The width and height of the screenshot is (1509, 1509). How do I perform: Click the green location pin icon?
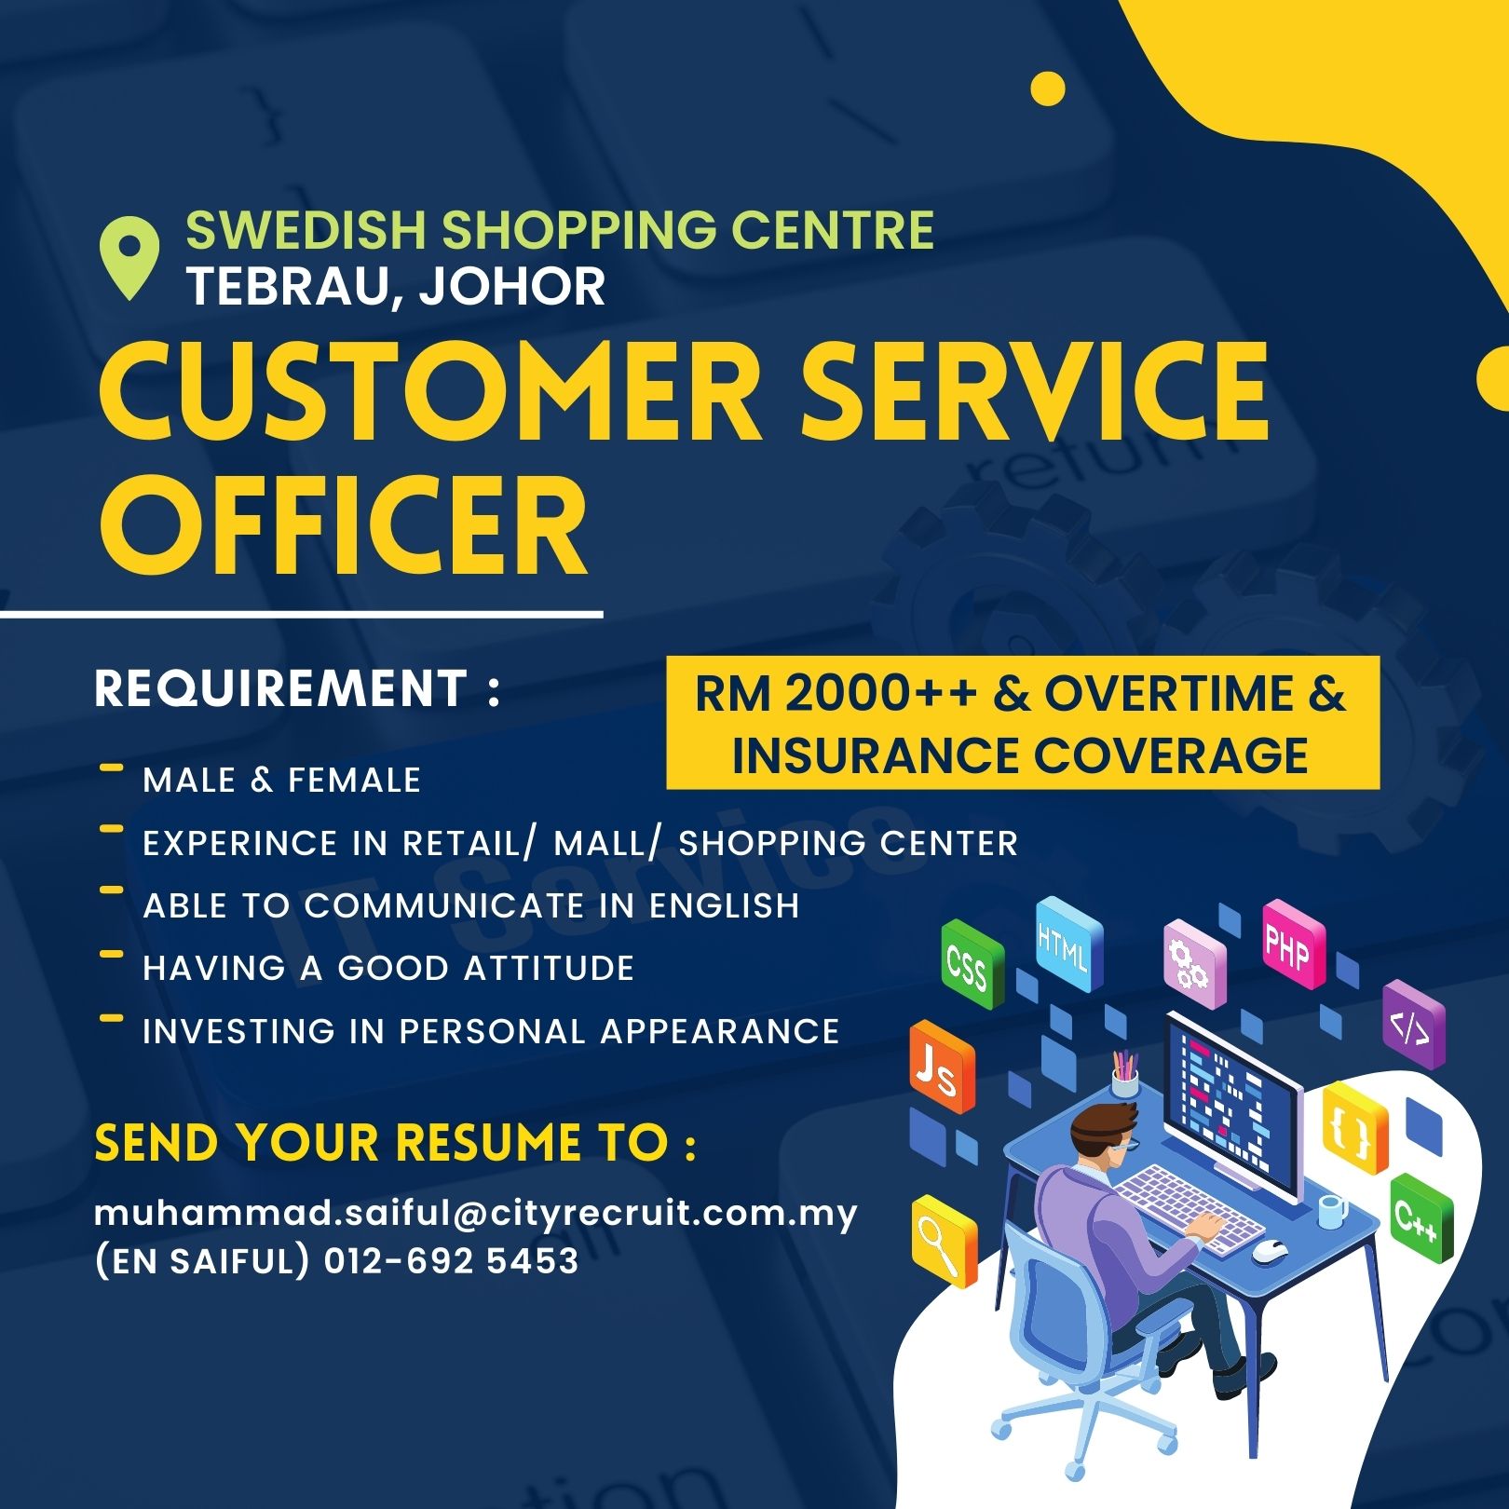(129, 257)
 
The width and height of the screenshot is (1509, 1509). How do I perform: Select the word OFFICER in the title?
(344, 526)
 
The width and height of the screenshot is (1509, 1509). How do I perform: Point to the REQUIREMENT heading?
(279, 688)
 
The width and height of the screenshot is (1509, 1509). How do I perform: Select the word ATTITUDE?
(549, 968)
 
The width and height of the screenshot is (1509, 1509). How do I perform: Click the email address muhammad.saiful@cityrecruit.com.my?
(476, 1214)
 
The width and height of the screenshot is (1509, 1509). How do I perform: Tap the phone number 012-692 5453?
(452, 1261)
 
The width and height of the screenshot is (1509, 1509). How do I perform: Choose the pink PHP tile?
(1293, 945)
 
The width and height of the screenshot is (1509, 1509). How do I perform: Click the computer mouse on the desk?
(1270, 1251)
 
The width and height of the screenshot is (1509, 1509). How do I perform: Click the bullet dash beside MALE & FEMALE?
(111, 768)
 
